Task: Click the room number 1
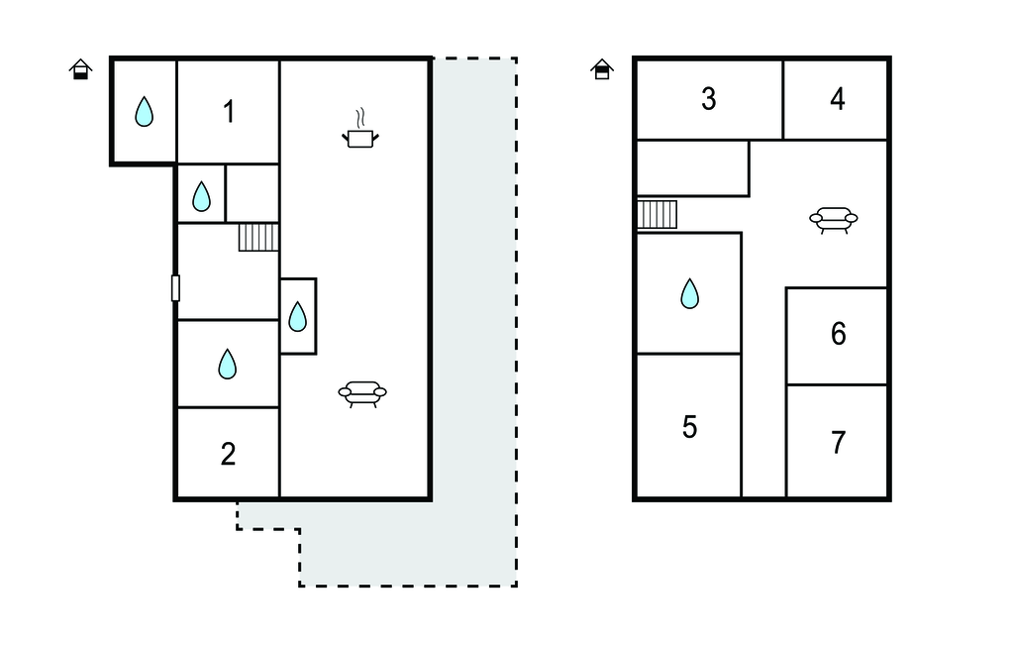click(229, 112)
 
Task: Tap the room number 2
click(229, 454)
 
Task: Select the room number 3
click(708, 99)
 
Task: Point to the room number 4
click(838, 99)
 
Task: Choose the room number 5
click(689, 427)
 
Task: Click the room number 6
click(838, 334)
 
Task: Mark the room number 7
click(838, 442)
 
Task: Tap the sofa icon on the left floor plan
click(362, 393)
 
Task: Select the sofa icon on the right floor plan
click(833, 219)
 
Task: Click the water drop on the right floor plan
click(689, 293)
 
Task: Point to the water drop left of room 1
click(144, 111)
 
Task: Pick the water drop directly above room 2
click(227, 364)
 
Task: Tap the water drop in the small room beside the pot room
click(297, 316)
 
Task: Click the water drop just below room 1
click(201, 196)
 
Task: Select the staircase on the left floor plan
click(258, 237)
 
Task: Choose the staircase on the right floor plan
click(657, 214)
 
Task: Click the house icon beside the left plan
click(81, 68)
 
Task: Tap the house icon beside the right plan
click(601, 68)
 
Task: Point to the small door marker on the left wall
click(175, 287)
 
